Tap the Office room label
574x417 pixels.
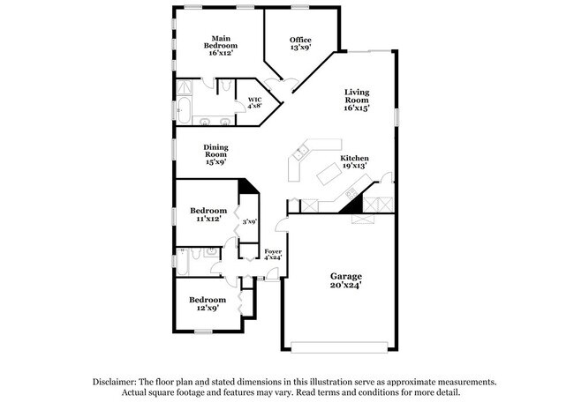[300, 43]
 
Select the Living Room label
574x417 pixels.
[356, 100]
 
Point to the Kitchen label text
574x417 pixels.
[354, 162]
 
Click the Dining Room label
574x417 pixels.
[215, 154]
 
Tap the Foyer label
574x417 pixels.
[273, 256]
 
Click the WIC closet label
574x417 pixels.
[255, 102]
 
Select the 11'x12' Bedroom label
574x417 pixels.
[208, 214]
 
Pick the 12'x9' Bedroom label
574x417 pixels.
[208, 303]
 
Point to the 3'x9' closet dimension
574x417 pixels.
[250, 222]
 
